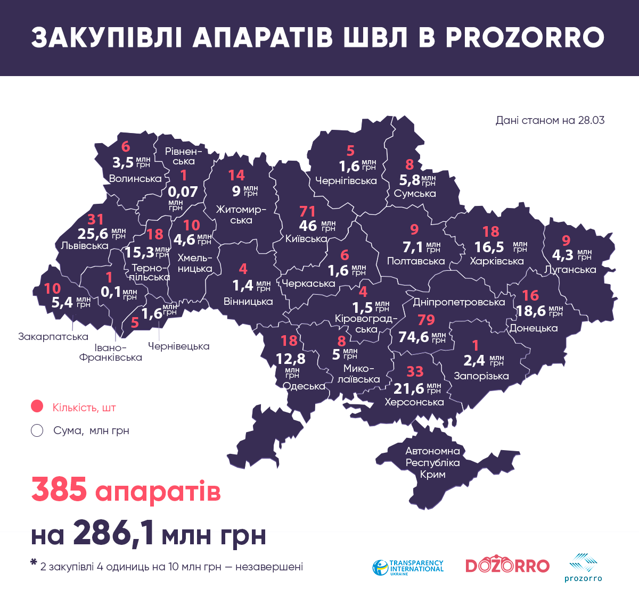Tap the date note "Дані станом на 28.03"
[x=550, y=120]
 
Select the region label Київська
[x=306, y=239]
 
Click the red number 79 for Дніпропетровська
[x=426, y=320]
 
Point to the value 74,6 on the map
[x=414, y=337]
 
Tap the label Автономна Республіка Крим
[x=432, y=462]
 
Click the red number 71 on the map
[x=307, y=211]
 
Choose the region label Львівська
[x=85, y=246]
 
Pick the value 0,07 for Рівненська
[x=183, y=192]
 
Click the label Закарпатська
[x=53, y=336]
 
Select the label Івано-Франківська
[x=111, y=352]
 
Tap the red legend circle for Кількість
[x=37, y=406]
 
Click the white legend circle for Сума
[x=37, y=430]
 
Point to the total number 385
[x=59, y=489]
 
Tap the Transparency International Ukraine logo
[x=408, y=567]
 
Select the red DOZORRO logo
[x=507, y=566]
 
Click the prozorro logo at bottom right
[x=583, y=567]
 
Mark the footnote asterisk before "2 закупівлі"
[x=34, y=562]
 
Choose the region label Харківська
[x=496, y=261]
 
